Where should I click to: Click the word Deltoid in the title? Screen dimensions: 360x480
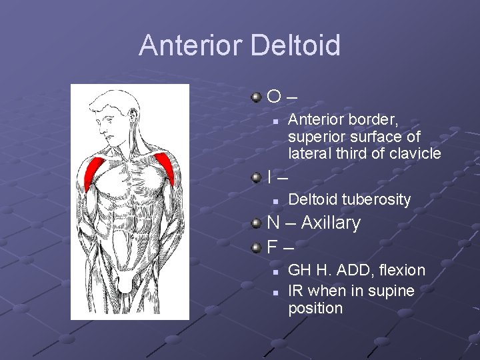coord(295,45)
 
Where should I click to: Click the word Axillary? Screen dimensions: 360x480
coord(331,223)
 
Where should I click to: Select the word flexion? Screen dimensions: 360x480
coord(403,270)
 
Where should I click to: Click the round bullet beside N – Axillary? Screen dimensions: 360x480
coord(257,223)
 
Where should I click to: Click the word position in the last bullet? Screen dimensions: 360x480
coord(315,308)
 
